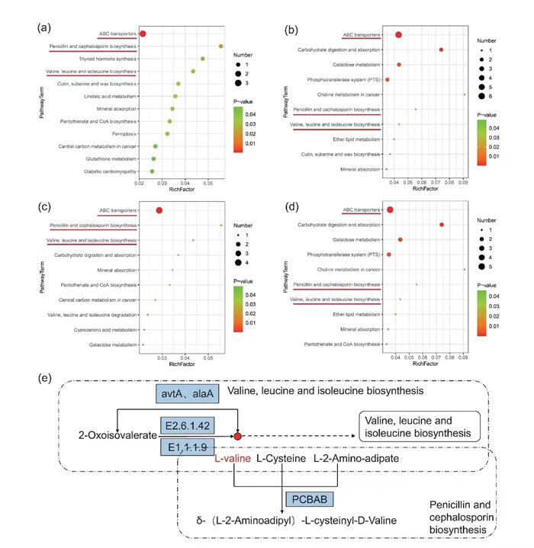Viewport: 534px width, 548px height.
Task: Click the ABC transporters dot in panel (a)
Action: (143, 34)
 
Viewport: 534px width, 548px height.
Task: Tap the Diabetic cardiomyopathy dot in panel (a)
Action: (152, 171)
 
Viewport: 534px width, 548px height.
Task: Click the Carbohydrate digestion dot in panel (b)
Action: (441, 50)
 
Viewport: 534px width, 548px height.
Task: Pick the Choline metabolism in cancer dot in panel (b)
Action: (464, 95)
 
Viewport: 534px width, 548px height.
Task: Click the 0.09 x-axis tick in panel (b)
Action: (462, 184)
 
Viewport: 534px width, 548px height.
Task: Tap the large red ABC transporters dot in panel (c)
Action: (159, 210)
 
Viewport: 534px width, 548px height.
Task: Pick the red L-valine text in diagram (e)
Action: (233, 460)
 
